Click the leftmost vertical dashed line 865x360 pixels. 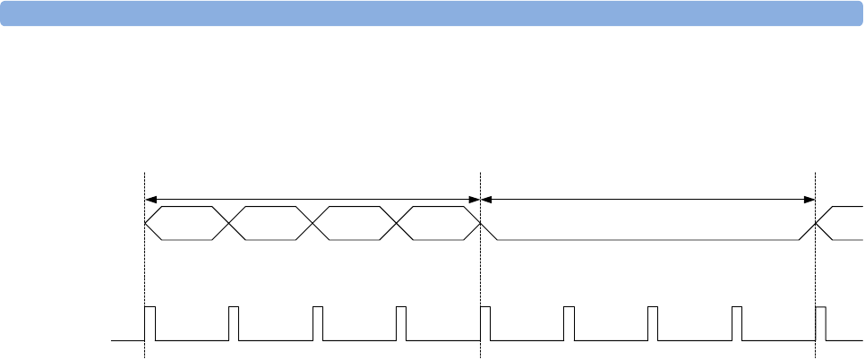point(144,269)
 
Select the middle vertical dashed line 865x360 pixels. point(481,269)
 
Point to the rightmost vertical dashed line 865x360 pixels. point(816,269)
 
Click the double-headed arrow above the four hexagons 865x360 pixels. point(313,198)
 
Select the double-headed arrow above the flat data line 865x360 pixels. point(648,198)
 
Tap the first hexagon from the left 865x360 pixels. point(186,222)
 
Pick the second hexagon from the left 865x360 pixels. point(270,222)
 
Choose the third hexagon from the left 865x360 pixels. point(355,222)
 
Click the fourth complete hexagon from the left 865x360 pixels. point(439,222)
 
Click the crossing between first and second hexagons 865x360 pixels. point(228,222)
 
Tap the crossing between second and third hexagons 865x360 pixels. point(313,222)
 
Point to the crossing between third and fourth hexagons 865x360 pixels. point(397,222)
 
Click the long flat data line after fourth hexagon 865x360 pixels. point(648,239)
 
